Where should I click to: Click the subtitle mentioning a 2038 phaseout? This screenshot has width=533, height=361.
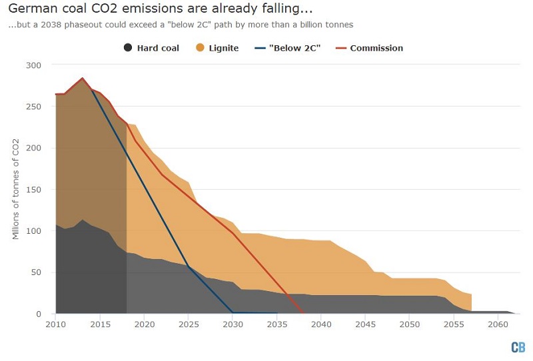[x=180, y=25]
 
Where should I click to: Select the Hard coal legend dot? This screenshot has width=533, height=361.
[x=128, y=48]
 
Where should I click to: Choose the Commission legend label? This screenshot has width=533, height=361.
[x=376, y=48]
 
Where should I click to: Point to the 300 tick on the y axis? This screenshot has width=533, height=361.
[x=34, y=65]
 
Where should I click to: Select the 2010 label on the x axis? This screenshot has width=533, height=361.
[x=56, y=324]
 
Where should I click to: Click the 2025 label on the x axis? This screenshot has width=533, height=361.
[x=189, y=324]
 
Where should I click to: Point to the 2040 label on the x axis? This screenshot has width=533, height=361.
[x=321, y=324]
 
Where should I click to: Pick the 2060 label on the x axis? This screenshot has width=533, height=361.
[x=498, y=324]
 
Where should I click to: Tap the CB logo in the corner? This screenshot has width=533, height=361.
[x=518, y=347]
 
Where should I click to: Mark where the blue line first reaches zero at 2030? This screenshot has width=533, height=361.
[x=233, y=313]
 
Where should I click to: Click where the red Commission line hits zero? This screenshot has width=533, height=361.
[x=303, y=314]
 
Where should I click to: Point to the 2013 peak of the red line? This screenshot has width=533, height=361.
[x=83, y=78]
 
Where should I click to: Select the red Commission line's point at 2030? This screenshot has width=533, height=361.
[x=233, y=233]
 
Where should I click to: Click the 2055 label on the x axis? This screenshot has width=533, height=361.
[x=454, y=324]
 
